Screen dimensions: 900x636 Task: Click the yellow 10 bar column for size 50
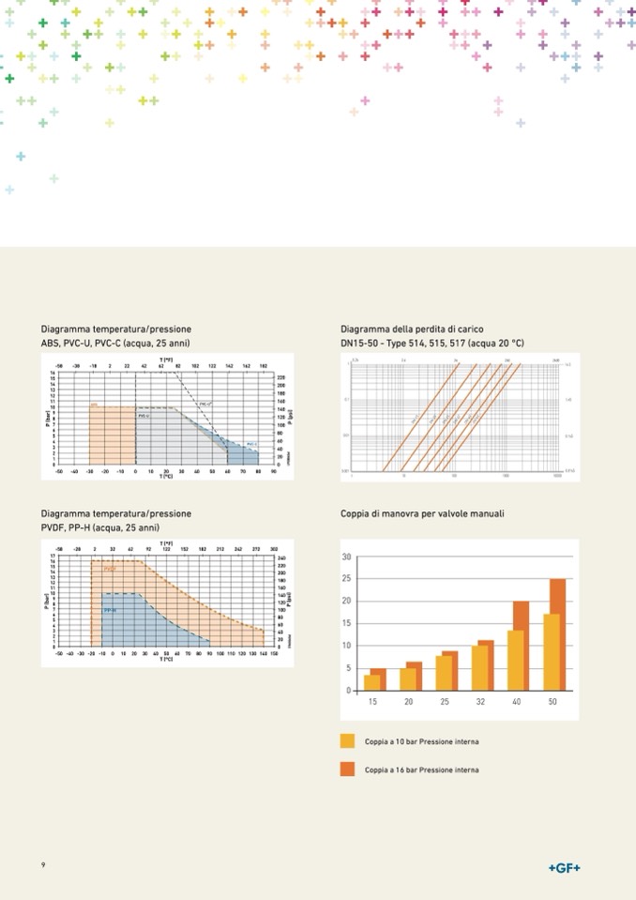coord(551,653)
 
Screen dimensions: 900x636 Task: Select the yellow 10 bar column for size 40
coord(515,661)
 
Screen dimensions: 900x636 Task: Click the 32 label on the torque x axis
coord(479,702)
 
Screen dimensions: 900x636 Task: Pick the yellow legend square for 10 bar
coord(347,741)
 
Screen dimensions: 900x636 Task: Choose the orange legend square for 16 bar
coord(347,770)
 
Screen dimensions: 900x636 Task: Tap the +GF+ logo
coord(564,868)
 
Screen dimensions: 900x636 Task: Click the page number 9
coord(43,864)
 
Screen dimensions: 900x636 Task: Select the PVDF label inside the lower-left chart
coord(110,569)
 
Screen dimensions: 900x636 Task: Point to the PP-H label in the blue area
coord(110,610)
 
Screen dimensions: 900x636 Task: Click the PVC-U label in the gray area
coord(144,415)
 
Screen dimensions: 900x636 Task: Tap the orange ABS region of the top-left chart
coord(112,437)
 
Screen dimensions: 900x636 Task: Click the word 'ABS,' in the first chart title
coord(51,343)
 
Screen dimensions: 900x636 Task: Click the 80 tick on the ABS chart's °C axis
coord(257,472)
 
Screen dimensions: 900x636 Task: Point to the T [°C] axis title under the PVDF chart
coord(165,659)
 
